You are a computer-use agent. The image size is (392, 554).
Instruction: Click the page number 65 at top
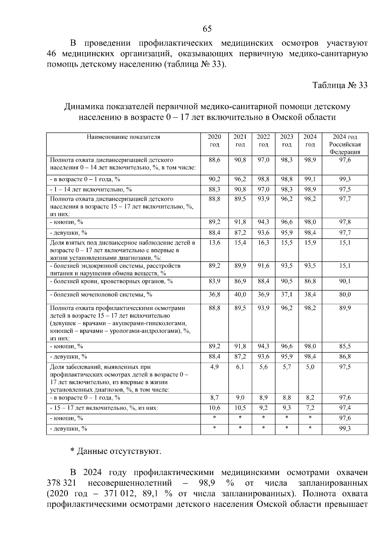coord(207,29)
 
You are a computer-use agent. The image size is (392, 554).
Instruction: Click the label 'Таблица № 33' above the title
coord(340,85)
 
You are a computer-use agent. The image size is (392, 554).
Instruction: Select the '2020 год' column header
coord(214,141)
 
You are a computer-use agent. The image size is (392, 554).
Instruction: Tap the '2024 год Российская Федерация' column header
coord(345,144)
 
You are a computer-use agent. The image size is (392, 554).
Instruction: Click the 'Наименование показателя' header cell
coord(123,137)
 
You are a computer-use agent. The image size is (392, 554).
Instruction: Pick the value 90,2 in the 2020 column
coord(214,179)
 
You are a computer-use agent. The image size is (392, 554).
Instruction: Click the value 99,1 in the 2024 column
coord(310,179)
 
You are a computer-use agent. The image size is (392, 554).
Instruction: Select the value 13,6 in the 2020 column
coord(214,243)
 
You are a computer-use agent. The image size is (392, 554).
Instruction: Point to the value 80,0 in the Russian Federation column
coord(345,295)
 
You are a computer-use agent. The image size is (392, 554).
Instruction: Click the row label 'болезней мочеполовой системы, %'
coord(101,295)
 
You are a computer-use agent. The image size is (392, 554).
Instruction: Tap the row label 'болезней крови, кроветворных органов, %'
coord(111,281)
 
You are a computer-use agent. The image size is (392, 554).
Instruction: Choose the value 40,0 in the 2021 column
coord(240,295)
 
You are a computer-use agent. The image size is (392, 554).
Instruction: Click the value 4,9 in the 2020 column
coord(214,367)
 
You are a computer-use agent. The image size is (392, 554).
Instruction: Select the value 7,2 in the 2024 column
coord(310,408)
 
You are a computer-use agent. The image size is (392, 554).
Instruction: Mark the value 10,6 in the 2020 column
coord(214,408)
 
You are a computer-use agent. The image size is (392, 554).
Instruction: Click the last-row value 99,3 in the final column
coord(345,429)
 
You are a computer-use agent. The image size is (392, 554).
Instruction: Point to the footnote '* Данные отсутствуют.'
coord(116,452)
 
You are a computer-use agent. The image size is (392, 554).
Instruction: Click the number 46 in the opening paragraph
coord(53,54)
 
